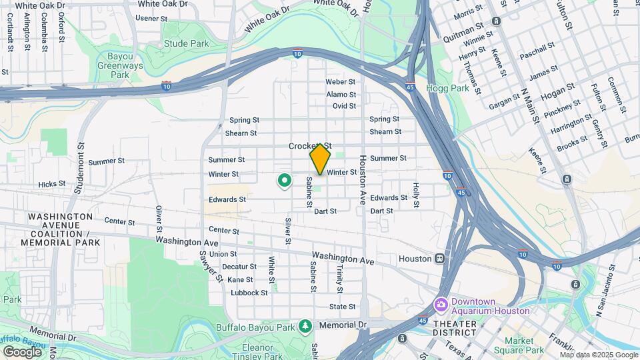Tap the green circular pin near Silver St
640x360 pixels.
point(285,180)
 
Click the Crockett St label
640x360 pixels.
point(309,146)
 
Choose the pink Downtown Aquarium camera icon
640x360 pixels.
point(441,305)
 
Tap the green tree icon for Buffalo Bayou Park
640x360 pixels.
point(306,326)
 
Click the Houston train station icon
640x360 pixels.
point(440,258)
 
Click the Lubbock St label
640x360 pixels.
point(249,293)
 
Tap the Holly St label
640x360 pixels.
point(415,195)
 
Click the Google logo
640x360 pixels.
point(23,351)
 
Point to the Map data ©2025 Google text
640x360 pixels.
point(597,353)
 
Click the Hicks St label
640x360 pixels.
point(52,183)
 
